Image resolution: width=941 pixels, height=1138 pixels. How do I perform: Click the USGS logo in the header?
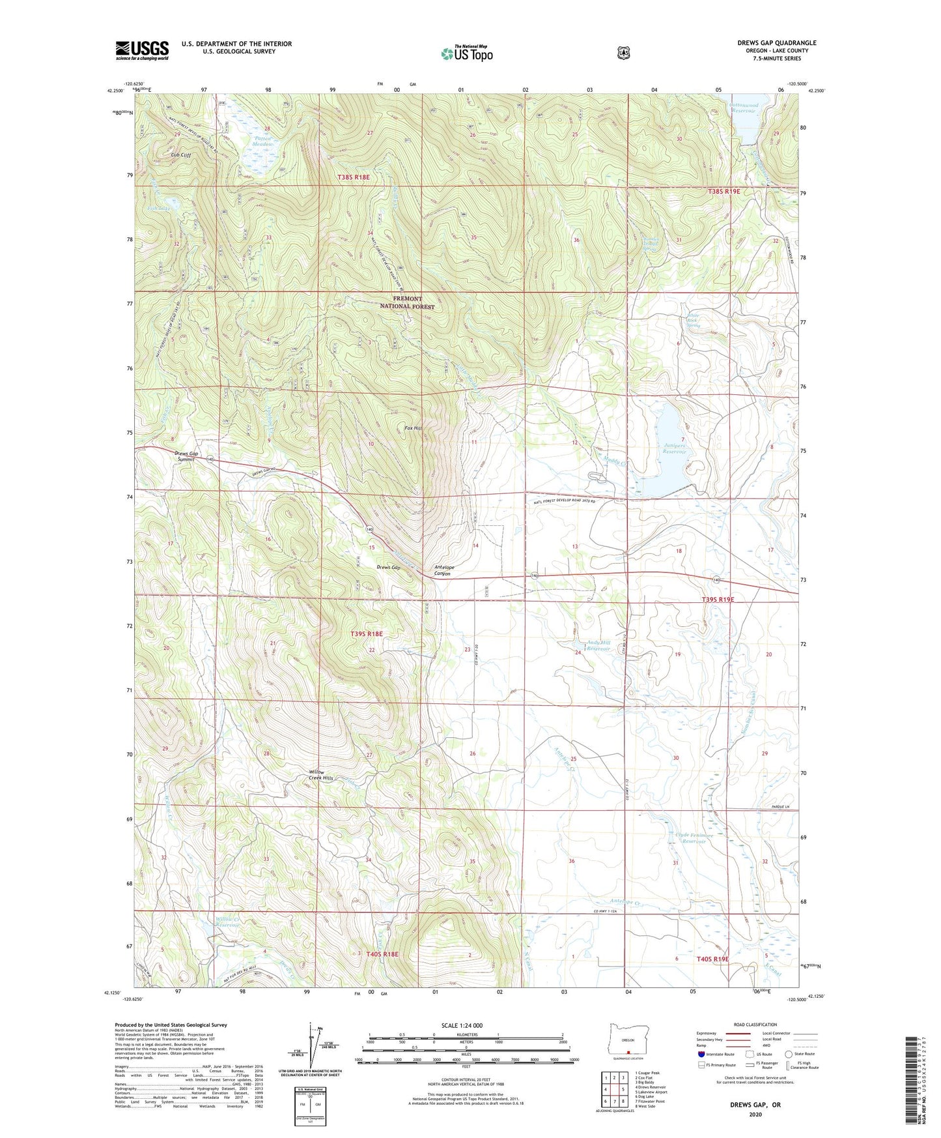[142, 50]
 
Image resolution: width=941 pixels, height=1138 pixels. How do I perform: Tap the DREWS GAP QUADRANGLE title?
[776, 43]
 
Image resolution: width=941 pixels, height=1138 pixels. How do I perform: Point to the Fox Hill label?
[413, 428]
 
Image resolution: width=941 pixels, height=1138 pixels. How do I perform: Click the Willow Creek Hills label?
[320, 775]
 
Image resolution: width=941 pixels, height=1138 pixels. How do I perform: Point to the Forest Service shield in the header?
[623, 52]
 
